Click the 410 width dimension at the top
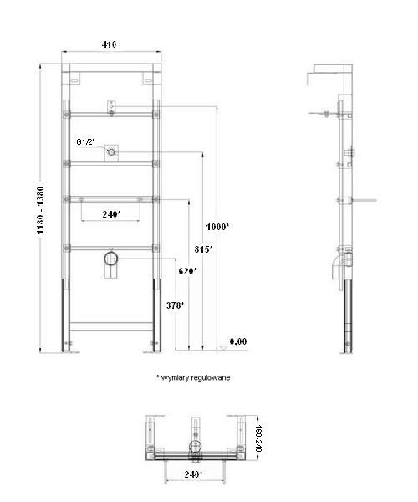(110, 44)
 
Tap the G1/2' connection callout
(85, 142)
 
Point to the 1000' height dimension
(218, 227)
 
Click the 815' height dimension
(204, 249)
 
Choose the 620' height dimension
(187, 271)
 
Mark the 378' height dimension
(173, 305)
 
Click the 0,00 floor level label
(238, 341)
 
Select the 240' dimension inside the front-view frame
(111, 214)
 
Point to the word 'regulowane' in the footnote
(209, 377)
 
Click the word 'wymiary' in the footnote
(173, 377)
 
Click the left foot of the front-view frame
(66, 345)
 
